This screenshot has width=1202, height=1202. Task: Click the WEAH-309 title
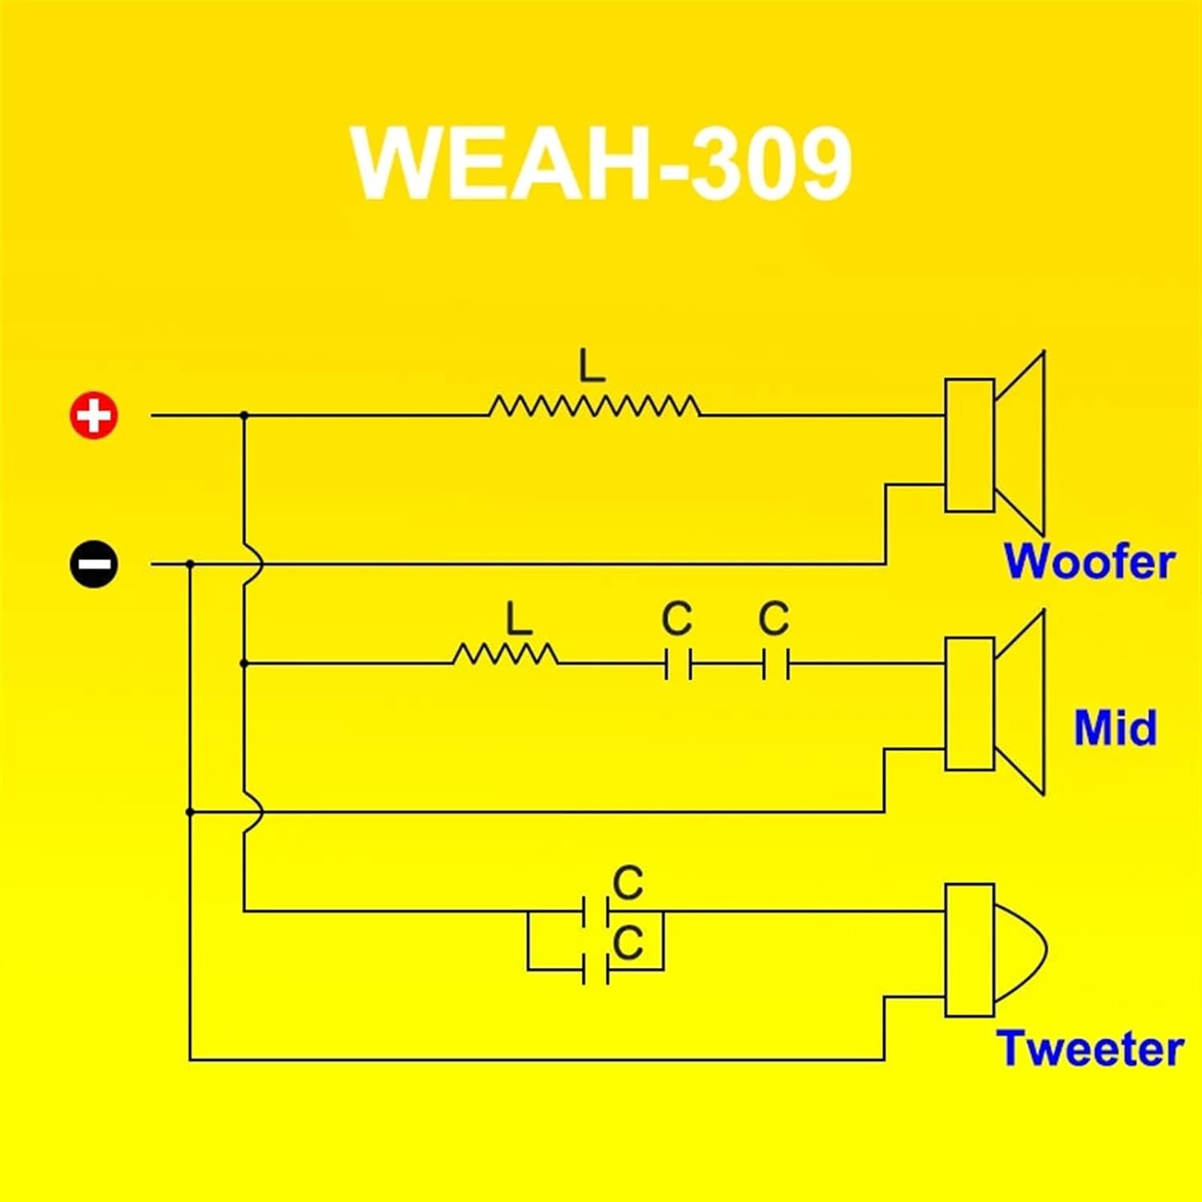point(601,163)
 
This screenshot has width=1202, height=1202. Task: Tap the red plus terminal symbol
point(94,416)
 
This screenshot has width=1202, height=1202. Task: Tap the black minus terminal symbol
point(94,564)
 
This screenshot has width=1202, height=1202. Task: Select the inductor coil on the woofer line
point(594,407)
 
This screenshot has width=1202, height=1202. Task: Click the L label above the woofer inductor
point(592,367)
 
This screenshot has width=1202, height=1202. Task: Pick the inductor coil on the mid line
point(506,655)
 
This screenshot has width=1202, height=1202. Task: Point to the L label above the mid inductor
point(519,619)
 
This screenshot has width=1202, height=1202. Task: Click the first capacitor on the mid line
point(678,664)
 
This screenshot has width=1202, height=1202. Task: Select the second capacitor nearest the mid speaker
point(776,664)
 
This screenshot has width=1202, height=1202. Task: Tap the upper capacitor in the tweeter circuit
point(596,911)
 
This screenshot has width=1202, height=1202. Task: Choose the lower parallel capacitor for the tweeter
point(596,970)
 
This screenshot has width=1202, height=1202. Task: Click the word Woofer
point(1089,561)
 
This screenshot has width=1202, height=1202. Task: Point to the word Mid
point(1115,728)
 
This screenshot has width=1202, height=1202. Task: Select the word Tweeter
point(1090,1048)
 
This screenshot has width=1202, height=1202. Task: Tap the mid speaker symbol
point(994,703)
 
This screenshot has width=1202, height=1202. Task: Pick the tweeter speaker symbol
point(994,950)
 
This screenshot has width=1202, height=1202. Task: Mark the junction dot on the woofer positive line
point(244,416)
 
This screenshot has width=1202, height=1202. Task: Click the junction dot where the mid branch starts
point(244,664)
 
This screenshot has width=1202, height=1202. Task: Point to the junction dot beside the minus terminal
point(190,564)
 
